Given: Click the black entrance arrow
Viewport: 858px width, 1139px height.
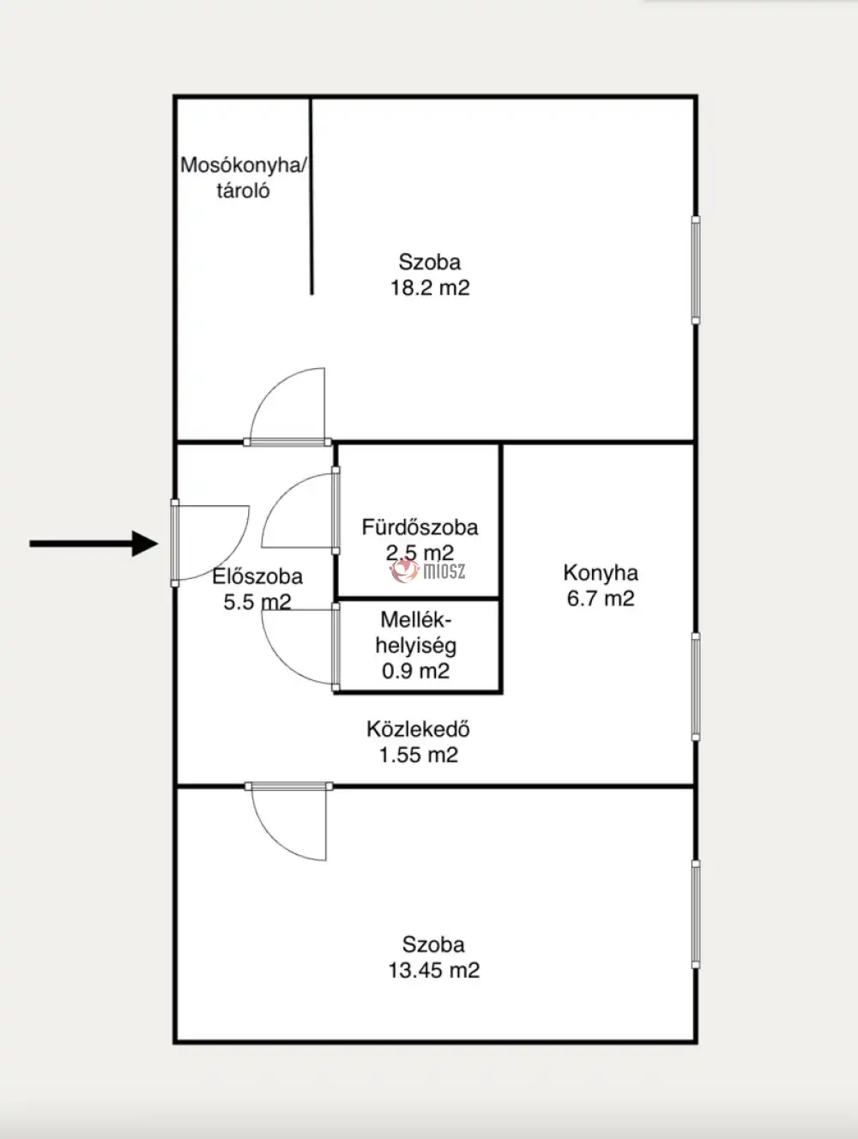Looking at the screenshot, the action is (x=94, y=544).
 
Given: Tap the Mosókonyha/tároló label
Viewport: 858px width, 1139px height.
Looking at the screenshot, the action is (x=244, y=178).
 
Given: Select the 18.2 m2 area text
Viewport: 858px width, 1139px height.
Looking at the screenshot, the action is (x=430, y=287).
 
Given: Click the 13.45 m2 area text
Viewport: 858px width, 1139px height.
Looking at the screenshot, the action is (x=434, y=970).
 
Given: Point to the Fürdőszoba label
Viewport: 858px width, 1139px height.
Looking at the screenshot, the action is (x=420, y=527).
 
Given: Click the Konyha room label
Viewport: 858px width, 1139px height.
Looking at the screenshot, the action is (x=601, y=573).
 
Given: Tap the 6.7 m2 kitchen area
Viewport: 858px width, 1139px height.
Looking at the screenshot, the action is (x=601, y=599).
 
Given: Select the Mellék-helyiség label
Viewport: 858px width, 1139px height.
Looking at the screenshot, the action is (x=416, y=633).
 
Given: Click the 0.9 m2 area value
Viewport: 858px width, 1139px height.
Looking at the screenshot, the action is (x=416, y=671).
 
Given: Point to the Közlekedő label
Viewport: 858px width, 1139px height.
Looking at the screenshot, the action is (x=418, y=729).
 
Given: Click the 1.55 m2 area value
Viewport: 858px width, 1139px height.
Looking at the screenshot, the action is (x=419, y=755).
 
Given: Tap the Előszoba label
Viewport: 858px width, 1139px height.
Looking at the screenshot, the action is (x=257, y=576).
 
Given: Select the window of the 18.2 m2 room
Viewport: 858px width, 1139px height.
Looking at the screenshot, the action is (x=696, y=270).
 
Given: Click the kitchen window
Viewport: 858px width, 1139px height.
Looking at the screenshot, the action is (x=696, y=686).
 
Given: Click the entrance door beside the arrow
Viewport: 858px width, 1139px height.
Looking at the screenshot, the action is (x=175, y=543).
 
